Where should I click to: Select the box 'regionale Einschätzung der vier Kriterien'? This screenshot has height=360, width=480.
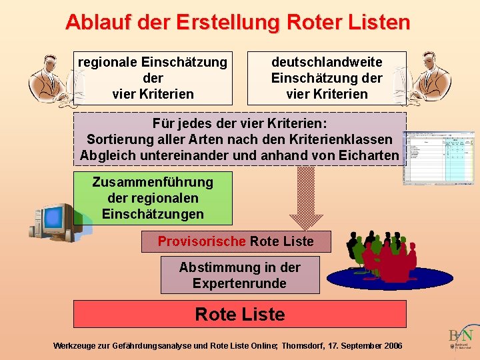point(153,78)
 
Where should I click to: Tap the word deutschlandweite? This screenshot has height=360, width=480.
point(327,62)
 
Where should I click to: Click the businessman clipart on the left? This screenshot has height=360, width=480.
point(47,79)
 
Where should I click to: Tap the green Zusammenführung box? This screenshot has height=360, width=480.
point(153,198)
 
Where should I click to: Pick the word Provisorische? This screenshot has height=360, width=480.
point(202,241)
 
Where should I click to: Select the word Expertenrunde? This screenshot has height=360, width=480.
point(239,283)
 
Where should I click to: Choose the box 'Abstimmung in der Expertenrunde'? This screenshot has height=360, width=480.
point(240,275)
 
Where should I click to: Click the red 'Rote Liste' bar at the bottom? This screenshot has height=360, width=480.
point(239,314)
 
